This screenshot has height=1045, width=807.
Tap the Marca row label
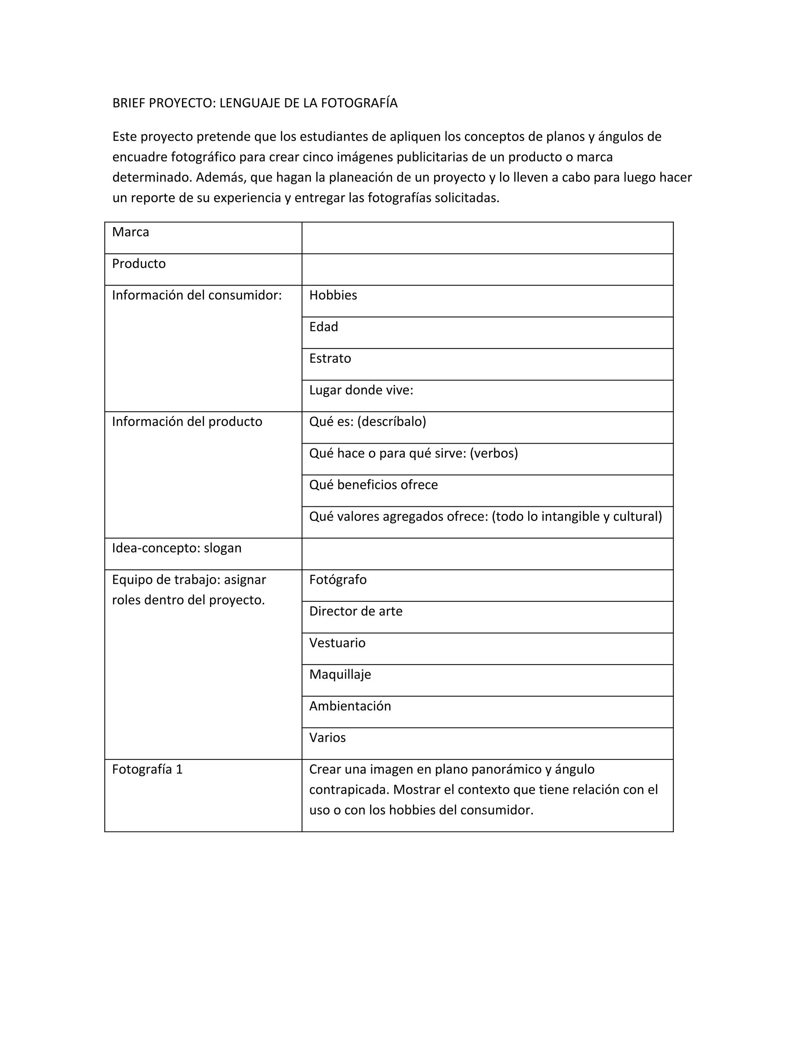pos(130,232)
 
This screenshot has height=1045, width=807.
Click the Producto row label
pos(139,264)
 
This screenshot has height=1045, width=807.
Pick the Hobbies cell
pos(333,295)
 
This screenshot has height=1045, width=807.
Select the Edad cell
pos(323,327)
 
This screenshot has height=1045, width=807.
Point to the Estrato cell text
pos(330,358)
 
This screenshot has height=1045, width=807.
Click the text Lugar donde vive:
pos(361,390)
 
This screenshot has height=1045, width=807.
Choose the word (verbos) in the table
pos(493,453)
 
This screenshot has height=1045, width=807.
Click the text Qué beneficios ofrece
pos(374,485)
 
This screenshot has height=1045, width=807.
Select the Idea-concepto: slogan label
pos(177,548)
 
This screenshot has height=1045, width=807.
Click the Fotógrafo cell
pos(338,579)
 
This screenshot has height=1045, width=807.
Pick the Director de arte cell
pos(356,611)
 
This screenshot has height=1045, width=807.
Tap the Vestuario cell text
pos(337,643)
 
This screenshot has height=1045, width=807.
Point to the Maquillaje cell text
pos(340,674)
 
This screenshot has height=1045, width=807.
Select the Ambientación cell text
pos(350,706)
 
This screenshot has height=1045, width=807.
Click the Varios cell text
pos(327,737)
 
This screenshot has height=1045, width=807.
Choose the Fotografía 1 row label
pos(147,769)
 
